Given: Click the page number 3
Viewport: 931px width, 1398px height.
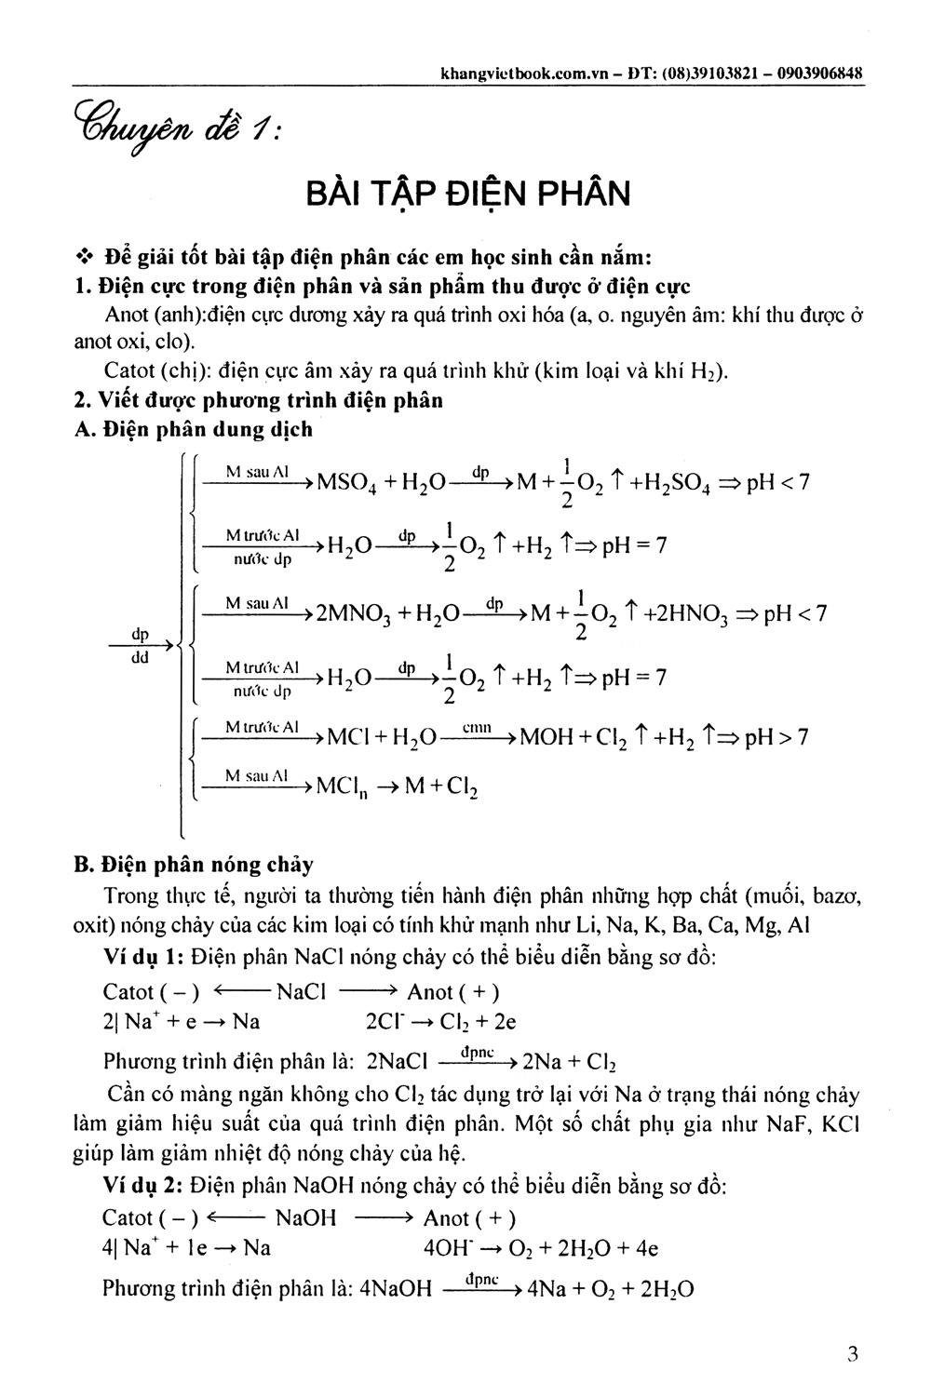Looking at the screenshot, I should [x=852, y=1355].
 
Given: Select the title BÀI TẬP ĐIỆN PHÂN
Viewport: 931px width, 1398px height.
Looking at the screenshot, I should [x=468, y=194].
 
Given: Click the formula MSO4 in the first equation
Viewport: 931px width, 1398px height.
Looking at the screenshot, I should [x=347, y=483].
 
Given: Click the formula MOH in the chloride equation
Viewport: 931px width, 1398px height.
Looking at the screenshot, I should [x=546, y=738].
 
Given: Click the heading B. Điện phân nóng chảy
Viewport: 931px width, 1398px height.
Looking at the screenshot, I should [x=194, y=865].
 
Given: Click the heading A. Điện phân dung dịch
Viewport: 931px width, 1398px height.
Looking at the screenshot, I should [x=194, y=429].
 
